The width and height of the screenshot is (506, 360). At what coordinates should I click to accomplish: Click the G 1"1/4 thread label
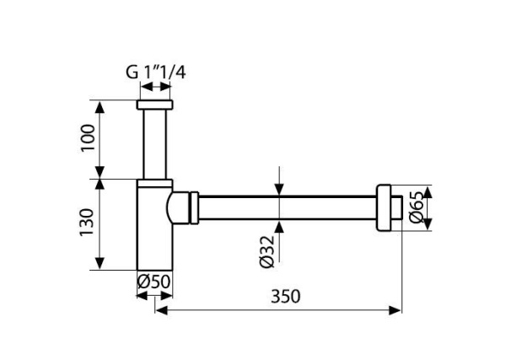tap(155, 73)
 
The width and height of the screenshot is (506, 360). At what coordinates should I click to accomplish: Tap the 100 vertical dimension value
tap(86, 140)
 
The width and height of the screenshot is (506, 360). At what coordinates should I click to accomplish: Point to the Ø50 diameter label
tap(155, 280)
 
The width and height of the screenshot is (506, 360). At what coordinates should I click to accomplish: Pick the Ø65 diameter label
tap(415, 207)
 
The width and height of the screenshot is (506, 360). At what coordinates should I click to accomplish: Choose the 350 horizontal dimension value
tap(286, 297)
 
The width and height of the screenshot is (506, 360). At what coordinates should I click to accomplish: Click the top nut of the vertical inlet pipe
tap(155, 106)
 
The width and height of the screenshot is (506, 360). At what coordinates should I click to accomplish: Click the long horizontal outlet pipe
tap(287, 207)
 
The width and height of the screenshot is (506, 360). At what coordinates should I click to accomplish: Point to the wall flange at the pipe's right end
tap(387, 207)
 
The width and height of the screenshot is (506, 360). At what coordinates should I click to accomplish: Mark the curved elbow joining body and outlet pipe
tap(180, 207)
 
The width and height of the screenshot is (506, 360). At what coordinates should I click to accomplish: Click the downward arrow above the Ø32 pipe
tap(279, 191)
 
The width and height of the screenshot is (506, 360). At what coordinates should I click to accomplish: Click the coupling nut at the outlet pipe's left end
tap(196, 207)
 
